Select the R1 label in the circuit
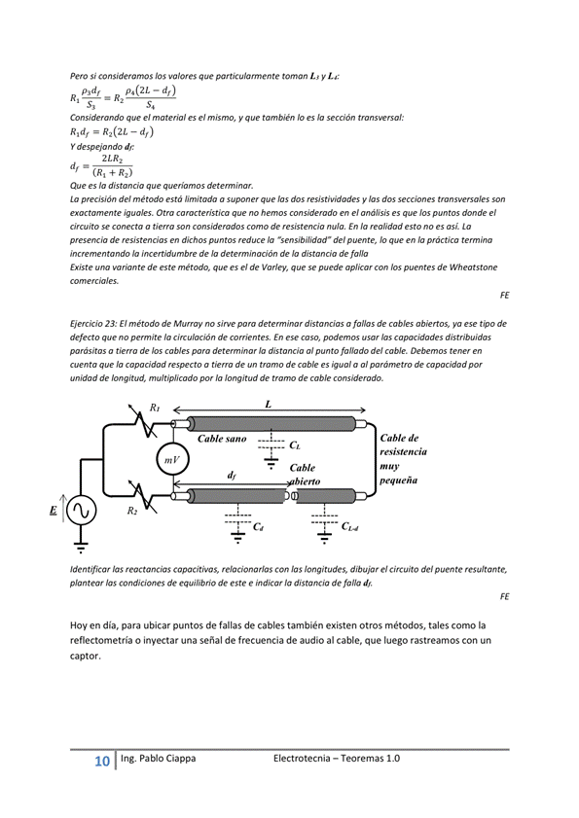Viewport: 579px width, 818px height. [155, 408]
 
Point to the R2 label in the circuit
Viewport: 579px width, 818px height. [132, 511]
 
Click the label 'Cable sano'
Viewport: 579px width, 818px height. [222, 439]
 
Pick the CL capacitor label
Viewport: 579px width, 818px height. [295, 445]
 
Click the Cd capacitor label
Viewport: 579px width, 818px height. [258, 526]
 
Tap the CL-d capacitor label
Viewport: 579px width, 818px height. [349, 526]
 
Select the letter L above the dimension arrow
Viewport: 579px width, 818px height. [269, 405]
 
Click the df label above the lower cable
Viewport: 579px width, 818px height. [232, 476]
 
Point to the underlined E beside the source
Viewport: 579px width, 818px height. [54, 511]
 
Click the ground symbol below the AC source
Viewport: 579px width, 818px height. [81, 548]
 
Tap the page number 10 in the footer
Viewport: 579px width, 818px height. [102, 762]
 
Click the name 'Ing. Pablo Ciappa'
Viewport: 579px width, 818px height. [159, 759]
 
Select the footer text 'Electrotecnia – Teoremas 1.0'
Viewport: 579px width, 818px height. [337, 759]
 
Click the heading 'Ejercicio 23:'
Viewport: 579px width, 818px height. [93, 324]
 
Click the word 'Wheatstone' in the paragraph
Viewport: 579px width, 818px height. [474, 267]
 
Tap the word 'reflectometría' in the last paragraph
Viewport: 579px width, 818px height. [101, 641]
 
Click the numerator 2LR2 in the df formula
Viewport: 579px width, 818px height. [112, 160]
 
